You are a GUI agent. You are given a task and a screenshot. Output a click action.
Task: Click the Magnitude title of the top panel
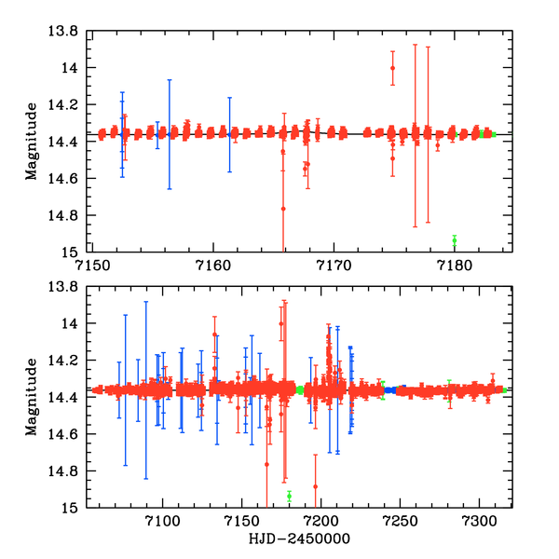pyautogui.click(x=32, y=142)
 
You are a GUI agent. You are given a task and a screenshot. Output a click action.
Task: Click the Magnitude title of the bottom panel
pyautogui.click(x=32, y=397)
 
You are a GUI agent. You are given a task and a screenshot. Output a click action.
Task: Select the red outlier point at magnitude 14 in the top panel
pyautogui.click(x=393, y=68)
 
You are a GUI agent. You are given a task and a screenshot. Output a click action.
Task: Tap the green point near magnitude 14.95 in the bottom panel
pyautogui.click(x=289, y=496)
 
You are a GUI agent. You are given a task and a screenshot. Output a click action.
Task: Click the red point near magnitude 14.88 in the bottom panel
pyautogui.click(x=316, y=486)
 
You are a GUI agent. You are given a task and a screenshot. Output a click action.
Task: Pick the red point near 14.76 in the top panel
pyautogui.click(x=283, y=209)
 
